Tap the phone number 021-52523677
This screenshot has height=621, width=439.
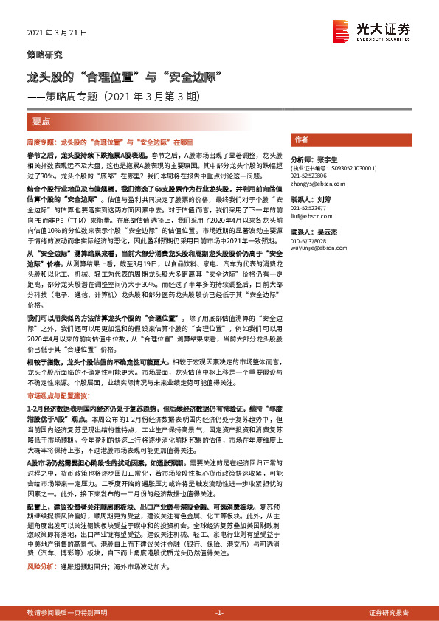pos(311,209)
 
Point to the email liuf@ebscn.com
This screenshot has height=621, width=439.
pos(311,218)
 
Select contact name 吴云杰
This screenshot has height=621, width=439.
pos(325,231)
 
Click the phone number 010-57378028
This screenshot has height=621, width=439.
pos(311,240)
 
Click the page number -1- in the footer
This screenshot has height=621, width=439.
pos(219,613)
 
